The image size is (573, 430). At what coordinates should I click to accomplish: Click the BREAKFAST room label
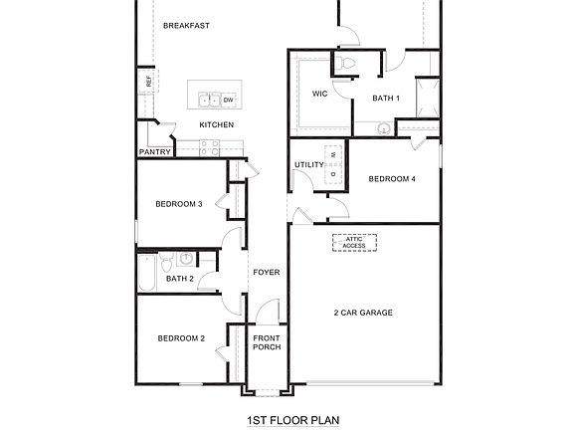tap(185, 26)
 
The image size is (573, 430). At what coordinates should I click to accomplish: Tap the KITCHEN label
tap(217, 124)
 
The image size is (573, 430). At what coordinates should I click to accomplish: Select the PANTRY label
tap(154, 152)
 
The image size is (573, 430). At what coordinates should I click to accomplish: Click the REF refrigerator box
tap(149, 82)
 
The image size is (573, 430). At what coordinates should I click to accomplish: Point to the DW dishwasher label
tap(228, 100)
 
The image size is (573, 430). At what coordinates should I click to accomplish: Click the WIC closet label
tap(319, 94)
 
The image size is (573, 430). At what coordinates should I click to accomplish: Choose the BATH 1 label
tap(386, 98)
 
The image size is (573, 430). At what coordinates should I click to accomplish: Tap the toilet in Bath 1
tap(346, 65)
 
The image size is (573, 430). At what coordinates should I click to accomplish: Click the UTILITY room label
tap(309, 164)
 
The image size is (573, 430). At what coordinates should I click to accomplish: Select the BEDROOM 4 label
tap(392, 179)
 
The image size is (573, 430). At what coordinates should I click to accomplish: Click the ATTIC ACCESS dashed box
tap(355, 243)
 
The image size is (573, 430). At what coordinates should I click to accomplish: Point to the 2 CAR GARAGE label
tap(363, 313)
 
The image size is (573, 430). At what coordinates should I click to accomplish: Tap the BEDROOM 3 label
tap(179, 204)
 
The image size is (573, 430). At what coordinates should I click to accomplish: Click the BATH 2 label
tap(180, 279)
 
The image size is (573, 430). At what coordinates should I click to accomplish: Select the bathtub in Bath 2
tap(146, 274)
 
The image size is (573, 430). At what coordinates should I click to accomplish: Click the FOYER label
tap(266, 272)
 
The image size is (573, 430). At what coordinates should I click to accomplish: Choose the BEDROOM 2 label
tap(181, 338)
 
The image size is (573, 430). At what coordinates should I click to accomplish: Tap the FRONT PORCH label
tap(267, 341)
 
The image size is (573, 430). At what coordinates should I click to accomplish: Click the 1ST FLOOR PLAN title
tap(292, 419)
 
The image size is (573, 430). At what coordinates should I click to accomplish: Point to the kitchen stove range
tap(209, 147)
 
